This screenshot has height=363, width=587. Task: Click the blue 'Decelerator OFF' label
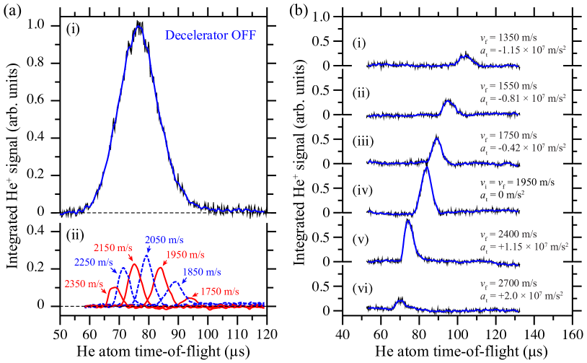click(211, 35)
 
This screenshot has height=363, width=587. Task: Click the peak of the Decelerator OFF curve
click(138, 27)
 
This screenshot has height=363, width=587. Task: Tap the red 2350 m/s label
click(84, 284)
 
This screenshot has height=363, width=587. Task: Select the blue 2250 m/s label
click(94, 262)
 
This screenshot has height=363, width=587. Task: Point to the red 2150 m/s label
click(114, 248)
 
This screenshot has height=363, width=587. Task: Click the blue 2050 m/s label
click(164, 240)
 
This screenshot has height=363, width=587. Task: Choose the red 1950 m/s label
click(185, 255)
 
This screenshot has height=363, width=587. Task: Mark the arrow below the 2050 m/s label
click(149, 250)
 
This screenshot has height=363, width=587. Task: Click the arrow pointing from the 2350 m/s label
click(107, 287)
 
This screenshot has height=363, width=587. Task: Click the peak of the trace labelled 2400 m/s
click(408, 222)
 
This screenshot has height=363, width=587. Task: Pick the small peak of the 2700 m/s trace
click(400, 300)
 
